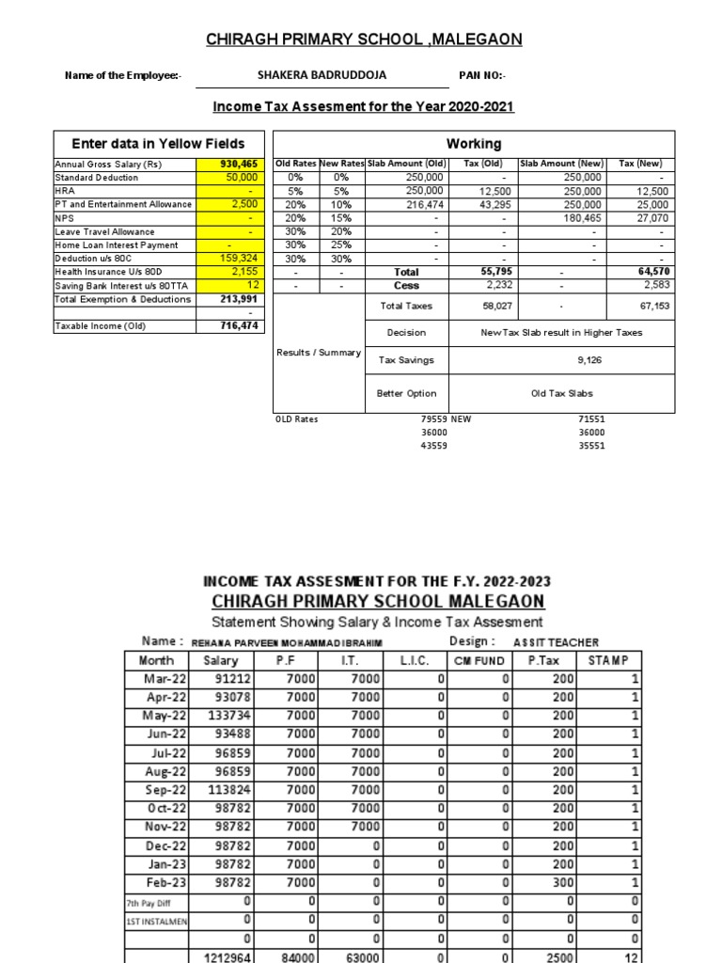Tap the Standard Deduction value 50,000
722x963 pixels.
(x=243, y=177)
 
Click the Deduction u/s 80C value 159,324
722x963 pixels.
(x=238, y=259)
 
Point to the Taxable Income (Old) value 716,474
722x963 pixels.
(x=239, y=325)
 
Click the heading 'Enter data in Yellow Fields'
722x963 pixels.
(x=159, y=144)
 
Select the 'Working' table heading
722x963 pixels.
(x=473, y=144)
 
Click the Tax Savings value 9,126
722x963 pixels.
(x=576, y=359)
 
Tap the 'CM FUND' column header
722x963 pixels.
(x=478, y=660)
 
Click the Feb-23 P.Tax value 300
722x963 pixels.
(x=562, y=882)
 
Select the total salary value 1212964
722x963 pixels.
(x=225, y=957)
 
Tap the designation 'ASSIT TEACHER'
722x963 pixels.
(x=555, y=642)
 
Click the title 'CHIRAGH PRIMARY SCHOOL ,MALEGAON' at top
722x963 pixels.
(x=364, y=39)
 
